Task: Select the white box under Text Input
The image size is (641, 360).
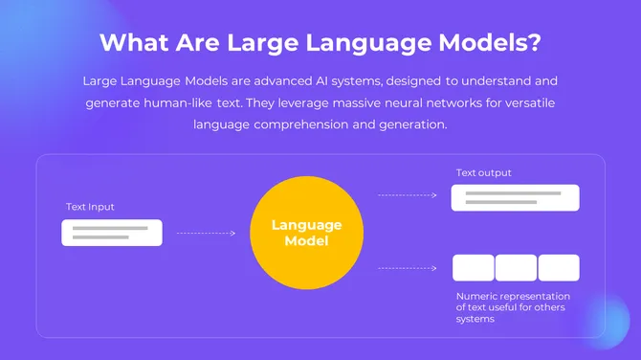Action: pyautogui.click(x=112, y=233)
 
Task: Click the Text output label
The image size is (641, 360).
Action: pyautogui.click(x=483, y=173)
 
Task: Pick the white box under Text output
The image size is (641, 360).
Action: pyautogui.click(x=516, y=197)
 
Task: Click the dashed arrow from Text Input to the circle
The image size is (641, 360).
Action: pyautogui.click(x=206, y=233)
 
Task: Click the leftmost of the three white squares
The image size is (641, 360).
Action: pyautogui.click(x=474, y=267)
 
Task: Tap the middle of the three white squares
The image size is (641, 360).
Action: pyautogui.click(x=516, y=267)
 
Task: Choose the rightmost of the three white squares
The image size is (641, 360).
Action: pyautogui.click(x=559, y=267)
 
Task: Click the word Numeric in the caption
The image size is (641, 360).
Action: pyautogui.click(x=476, y=296)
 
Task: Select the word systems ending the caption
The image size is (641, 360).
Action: pyautogui.click(x=475, y=319)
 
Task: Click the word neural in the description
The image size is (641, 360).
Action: pyautogui.click(x=408, y=102)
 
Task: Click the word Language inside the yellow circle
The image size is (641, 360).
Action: pyautogui.click(x=306, y=225)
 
